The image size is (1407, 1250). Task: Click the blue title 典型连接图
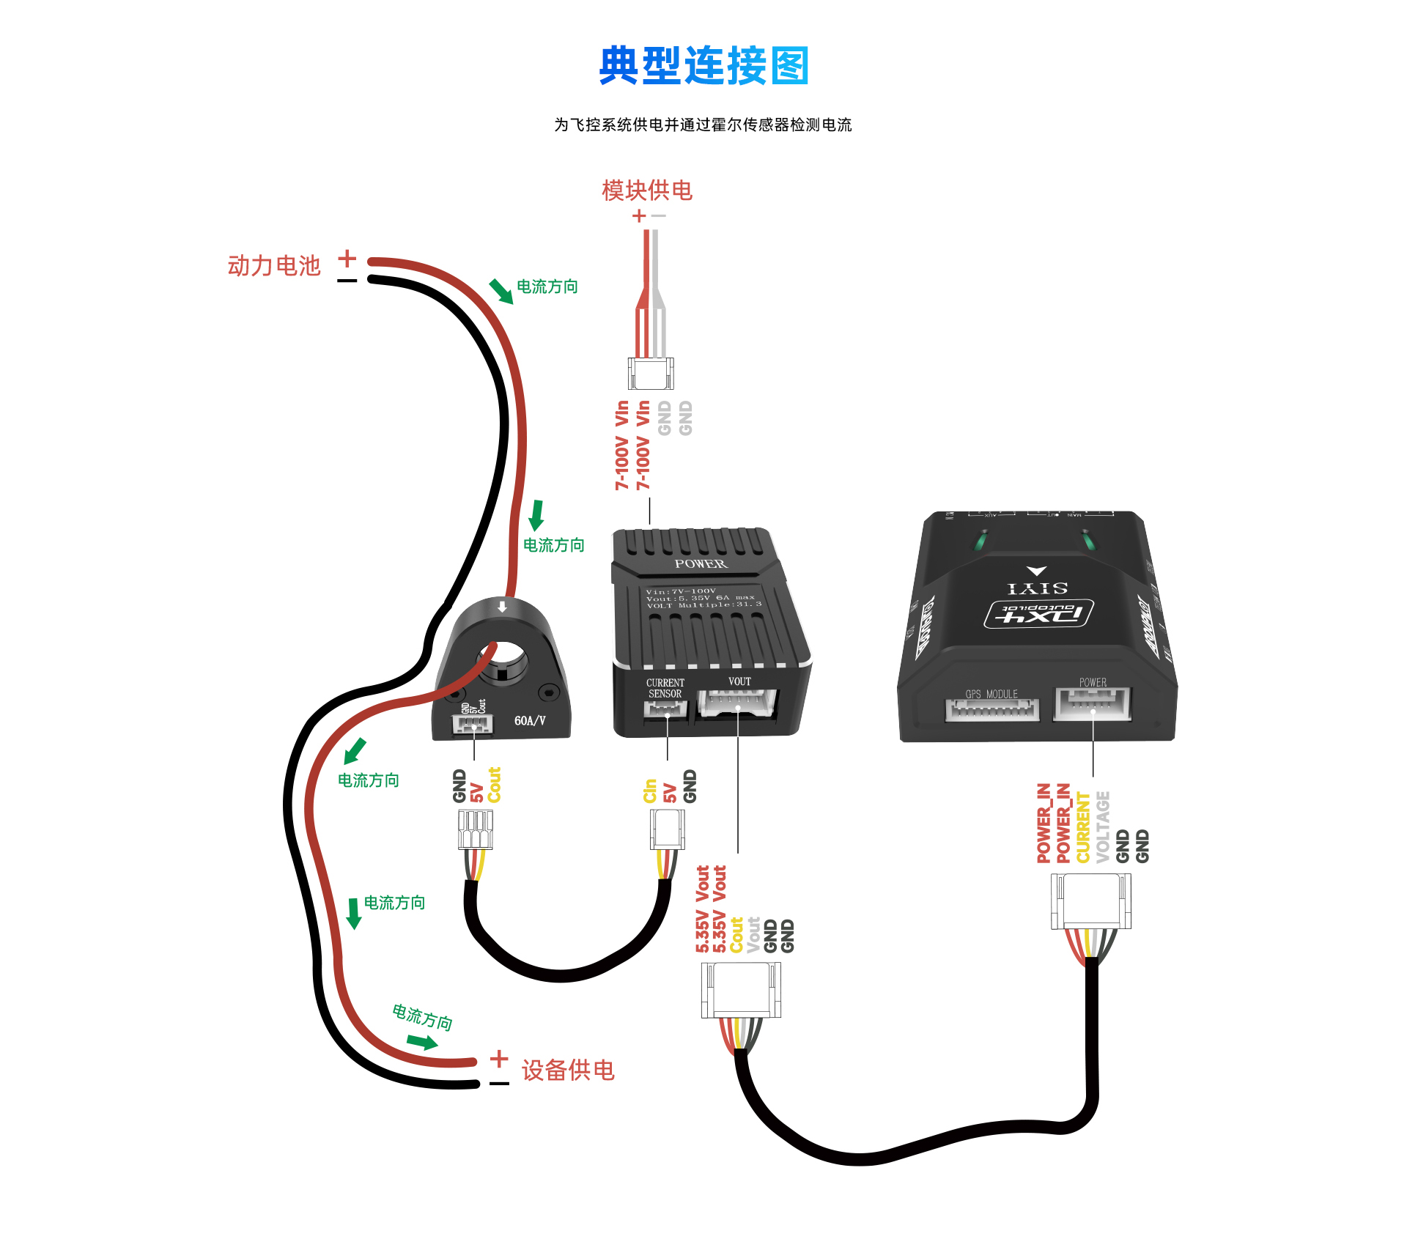(x=703, y=66)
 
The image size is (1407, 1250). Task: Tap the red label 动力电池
(x=274, y=265)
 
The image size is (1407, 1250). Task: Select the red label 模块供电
(x=646, y=191)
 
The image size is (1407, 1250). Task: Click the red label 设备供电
(x=568, y=1070)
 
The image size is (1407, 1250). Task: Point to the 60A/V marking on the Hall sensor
(x=530, y=721)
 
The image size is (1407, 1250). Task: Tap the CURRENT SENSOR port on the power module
(x=665, y=709)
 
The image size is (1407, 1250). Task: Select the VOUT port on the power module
(x=737, y=704)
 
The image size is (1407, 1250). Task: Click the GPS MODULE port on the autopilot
(x=992, y=709)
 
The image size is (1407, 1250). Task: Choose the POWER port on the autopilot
(x=1092, y=704)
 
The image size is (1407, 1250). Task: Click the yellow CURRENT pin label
(x=1083, y=827)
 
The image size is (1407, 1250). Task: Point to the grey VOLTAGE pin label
(x=1103, y=827)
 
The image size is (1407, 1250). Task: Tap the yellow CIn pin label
(x=650, y=791)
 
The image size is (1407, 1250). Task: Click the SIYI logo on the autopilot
(x=1037, y=588)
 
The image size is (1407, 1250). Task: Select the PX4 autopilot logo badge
(x=1039, y=614)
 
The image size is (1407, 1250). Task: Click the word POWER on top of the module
(x=701, y=563)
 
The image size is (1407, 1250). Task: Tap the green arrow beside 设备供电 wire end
(x=422, y=1042)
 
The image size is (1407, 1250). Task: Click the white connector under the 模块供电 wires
(x=651, y=374)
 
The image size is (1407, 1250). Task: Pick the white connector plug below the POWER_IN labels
(x=1091, y=902)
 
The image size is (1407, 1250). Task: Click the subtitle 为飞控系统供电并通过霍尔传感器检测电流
(x=703, y=125)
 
